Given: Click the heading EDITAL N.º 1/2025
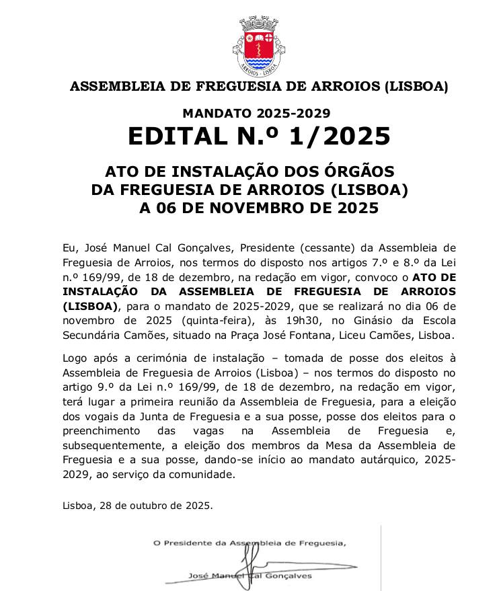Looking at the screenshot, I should [259, 136].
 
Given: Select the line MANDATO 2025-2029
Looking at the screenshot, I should [256, 114].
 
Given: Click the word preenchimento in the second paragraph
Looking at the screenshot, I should [98, 430].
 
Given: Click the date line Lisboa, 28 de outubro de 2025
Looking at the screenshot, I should [137, 505].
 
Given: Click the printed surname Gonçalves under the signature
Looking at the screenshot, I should [290, 576].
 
